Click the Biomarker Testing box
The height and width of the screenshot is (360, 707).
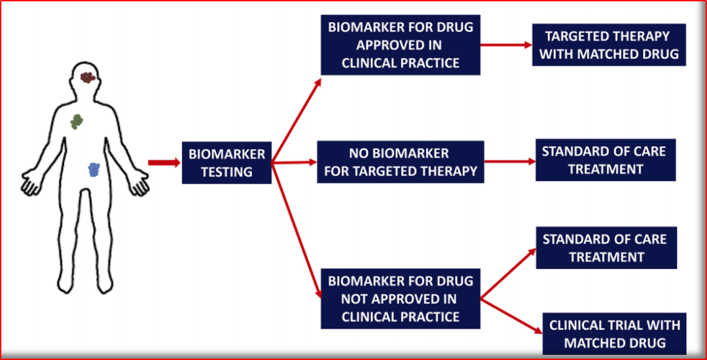point(227,162)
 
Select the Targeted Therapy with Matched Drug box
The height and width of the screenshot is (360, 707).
point(609,45)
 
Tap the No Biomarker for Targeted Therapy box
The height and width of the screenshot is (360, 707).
point(401,162)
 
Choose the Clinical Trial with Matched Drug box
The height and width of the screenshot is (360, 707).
point(615,333)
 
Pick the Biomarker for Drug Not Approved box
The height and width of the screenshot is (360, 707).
point(401,298)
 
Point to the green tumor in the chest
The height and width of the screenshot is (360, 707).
point(77,122)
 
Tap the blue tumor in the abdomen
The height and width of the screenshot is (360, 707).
point(94,170)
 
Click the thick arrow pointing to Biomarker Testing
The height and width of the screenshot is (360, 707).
point(164,162)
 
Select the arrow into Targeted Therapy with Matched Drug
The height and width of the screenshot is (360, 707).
point(506,45)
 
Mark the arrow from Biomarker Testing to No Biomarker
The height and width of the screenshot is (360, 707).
point(295,162)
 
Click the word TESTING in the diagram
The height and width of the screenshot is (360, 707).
point(227,171)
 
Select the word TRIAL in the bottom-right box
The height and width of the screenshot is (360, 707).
point(625,325)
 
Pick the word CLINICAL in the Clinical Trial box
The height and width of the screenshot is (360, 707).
point(577,325)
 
